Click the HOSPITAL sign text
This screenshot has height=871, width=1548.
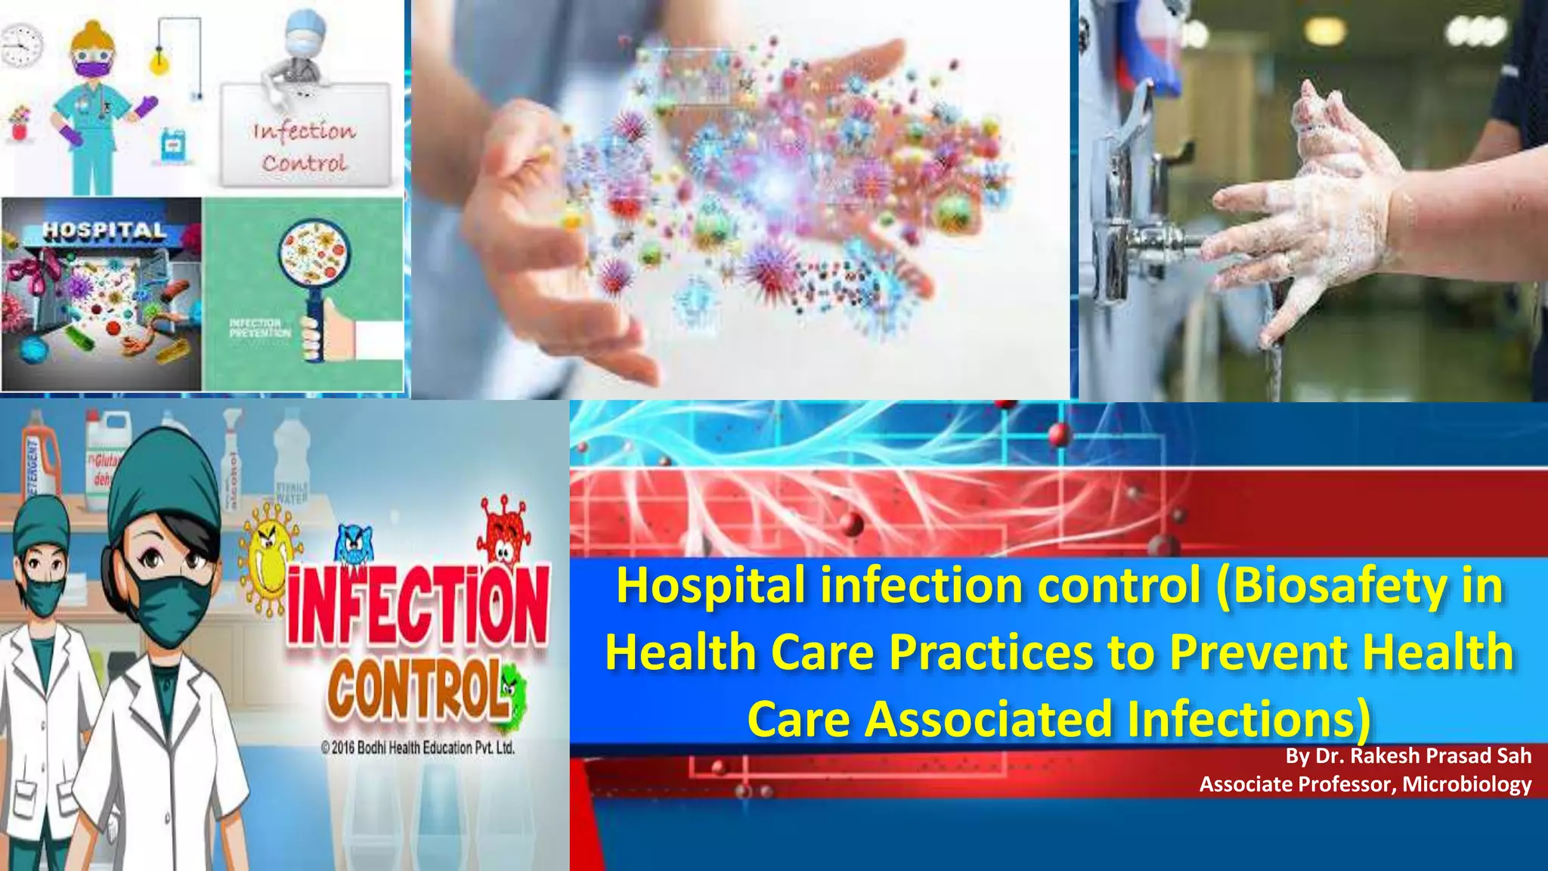(104, 230)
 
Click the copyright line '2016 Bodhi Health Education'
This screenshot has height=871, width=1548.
(418, 748)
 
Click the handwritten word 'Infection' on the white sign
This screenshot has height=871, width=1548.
(304, 131)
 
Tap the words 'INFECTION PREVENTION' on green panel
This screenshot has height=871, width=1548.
(259, 328)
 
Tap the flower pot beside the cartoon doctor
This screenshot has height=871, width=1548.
(20, 123)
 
